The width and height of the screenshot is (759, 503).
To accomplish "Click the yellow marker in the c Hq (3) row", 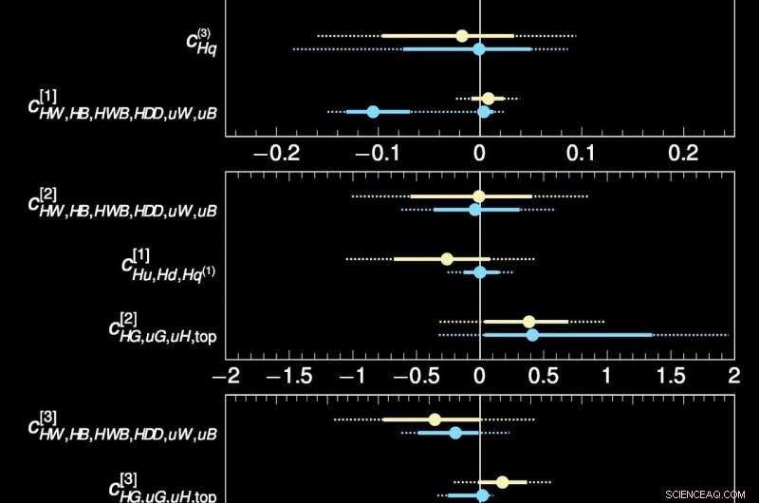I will pos(462,36).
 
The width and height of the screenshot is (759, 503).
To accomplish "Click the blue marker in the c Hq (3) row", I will pos(479,49).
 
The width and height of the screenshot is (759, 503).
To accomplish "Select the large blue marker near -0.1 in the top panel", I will pos(373,112).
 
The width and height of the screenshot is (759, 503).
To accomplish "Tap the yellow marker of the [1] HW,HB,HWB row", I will pos(489,99).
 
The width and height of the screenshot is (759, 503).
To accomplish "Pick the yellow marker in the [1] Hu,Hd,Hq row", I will pos(447,259).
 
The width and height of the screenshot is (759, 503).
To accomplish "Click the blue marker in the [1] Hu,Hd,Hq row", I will pos(480,272).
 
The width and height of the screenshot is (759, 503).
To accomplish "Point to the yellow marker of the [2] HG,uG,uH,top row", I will pos(529,322).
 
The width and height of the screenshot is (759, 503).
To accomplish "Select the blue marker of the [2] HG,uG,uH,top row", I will pos(532,335).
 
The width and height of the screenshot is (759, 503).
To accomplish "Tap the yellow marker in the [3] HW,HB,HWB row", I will pos(435,419).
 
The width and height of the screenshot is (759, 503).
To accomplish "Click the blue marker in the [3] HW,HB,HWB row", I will pos(455,433).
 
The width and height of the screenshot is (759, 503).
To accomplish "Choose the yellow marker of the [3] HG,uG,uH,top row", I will pos(503,482).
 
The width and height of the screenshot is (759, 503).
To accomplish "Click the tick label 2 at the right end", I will pos(732,375).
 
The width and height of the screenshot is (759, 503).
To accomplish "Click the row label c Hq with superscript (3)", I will pos(201,43).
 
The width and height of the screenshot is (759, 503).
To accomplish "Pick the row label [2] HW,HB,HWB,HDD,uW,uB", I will pos(122,202).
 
